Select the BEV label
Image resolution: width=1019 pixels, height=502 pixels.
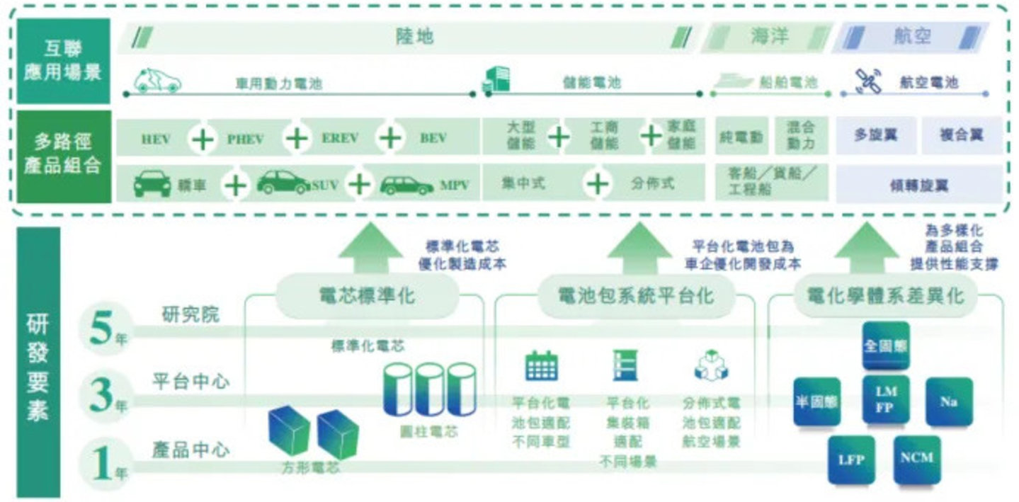[x=433, y=138]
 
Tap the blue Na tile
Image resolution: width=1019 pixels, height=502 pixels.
[x=949, y=401]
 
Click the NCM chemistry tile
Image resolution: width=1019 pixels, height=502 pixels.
[x=916, y=459]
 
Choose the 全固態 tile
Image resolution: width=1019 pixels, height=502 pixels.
[x=885, y=346]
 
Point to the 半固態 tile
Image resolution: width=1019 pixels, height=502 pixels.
[x=816, y=401]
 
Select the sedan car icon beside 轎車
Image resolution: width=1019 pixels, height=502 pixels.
[x=152, y=184]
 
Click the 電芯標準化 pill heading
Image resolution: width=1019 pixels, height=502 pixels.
[x=365, y=295]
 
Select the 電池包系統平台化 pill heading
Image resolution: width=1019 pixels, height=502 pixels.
[x=626, y=295]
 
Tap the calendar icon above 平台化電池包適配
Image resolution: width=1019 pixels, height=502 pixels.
[x=542, y=365]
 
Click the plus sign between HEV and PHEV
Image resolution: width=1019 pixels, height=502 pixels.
[x=203, y=138]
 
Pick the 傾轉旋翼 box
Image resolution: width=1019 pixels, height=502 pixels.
[x=919, y=186]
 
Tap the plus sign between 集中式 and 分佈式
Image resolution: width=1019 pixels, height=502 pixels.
[x=598, y=184]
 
